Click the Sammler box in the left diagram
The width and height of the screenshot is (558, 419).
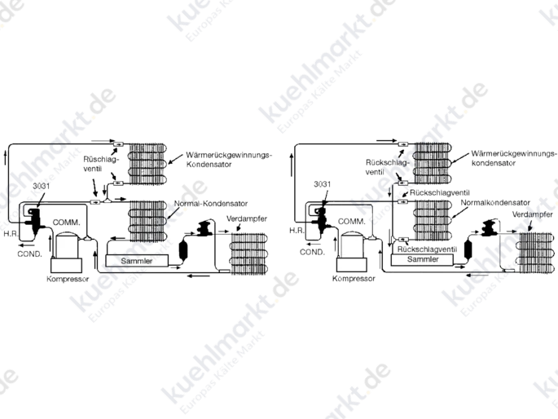tap(137, 261)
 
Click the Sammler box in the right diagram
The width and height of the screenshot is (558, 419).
tap(423, 259)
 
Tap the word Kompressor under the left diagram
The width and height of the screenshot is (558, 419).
tap(68, 279)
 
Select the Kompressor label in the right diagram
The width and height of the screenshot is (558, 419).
tap(354, 279)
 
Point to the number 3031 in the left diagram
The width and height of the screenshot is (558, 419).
tap(42, 186)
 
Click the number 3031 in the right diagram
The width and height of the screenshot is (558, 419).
tap(322, 184)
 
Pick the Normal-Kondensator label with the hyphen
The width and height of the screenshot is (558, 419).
tap(211, 204)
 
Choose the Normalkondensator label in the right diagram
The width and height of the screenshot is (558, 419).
tap(495, 202)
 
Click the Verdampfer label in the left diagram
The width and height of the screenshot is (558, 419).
tap(247, 218)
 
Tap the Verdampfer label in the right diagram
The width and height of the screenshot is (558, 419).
tap(533, 214)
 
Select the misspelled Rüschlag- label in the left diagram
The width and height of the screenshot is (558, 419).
tap(100, 159)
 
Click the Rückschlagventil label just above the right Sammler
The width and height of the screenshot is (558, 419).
tap(427, 249)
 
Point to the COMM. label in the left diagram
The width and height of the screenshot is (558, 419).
tap(66, 223)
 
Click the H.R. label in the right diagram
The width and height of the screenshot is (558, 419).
tap(297, 231)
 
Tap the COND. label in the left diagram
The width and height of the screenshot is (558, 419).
tap(29, 254)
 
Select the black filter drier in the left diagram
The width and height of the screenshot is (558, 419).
tap(183, 250)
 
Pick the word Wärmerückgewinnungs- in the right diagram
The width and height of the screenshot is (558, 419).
tap(513, 153)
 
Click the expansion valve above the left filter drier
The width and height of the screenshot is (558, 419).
tap(203, 228)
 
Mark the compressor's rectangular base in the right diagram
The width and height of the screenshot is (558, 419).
tap(351, 265)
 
